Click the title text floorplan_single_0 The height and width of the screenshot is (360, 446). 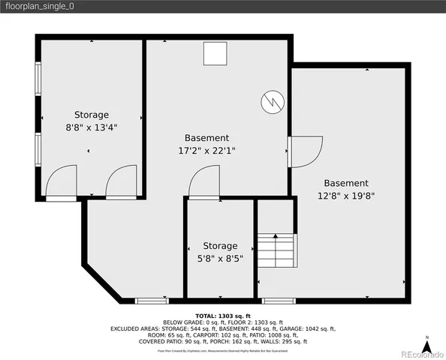click(x=39, y=7)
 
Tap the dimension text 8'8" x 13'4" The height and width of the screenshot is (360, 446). click(x=91, y=127)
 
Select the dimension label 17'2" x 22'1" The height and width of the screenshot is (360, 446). click(x=206, y=150)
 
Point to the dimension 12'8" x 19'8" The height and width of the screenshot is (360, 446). click(x=346, y=196)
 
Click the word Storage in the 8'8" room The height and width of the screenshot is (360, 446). click(x=91, y=115)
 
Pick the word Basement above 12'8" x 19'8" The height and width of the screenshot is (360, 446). click(x=346, y=183)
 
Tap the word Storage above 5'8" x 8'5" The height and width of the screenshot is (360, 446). click(x=220, y=246)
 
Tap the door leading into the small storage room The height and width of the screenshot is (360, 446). click(x=203, y=184)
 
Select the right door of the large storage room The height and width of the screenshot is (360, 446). click(x=120, y=183)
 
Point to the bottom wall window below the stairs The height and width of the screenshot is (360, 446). click(x=278, y=301)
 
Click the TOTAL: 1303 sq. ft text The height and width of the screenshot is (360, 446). click(x=222, y=316)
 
